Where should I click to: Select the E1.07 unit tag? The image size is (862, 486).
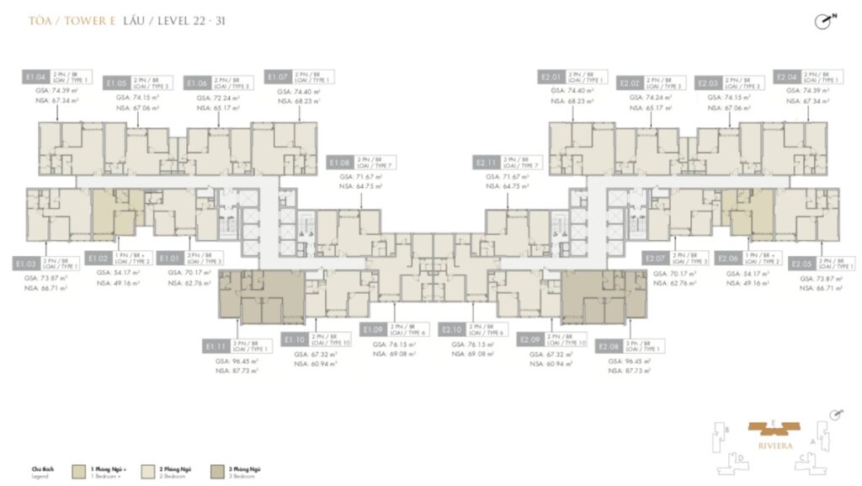(277, 77)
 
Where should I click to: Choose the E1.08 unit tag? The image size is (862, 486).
(340, 162)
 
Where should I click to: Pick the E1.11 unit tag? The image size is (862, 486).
(216, 345)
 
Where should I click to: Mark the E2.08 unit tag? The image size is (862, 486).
(608, 345)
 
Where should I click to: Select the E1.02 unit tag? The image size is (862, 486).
(98, 259)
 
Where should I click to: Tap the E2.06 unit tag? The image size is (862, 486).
(728, 259)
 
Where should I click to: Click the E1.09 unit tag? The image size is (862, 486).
(374, 328)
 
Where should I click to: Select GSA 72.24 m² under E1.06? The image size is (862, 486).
(217, 98)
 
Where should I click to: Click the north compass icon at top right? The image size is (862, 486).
(824, 23)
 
